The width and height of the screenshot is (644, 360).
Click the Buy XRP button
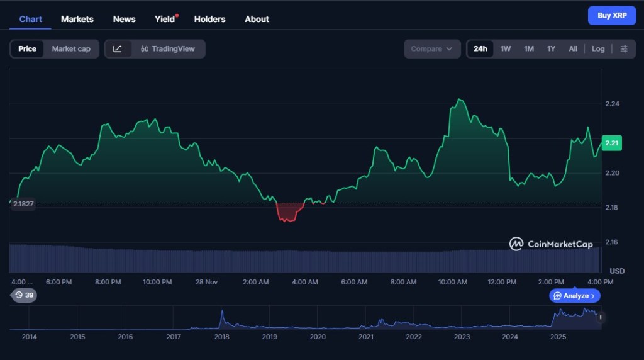[x=611, y=15]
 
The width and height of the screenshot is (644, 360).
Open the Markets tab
[x=77, y=19]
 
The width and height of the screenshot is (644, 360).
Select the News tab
[x=124, y=19]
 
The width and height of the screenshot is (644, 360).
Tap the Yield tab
[x=165, y=19]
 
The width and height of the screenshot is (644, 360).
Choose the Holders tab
[x=209, y=19]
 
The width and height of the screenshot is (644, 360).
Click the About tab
[x=257, y=19]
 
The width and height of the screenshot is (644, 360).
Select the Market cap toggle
[x=71, y=49]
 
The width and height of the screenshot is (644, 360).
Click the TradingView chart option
[x=168, y=49]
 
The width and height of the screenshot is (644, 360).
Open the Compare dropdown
[x=431, y=49]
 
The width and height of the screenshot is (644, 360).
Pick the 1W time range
[x=506, y=49]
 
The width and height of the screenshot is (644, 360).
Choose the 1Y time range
[x=551, y=49]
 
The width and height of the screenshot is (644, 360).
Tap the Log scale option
[x=598, y=49]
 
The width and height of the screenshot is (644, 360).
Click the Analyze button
[x=575, y=296]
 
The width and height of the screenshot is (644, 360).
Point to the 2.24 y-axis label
[x=611, y=104]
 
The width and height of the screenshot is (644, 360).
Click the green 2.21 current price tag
[x=611, y=143]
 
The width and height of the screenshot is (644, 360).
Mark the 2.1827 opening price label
[x=23, y=204]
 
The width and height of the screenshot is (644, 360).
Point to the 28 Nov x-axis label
[x=207, y=282]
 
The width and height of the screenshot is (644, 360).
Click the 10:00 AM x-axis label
[x=453, y=282]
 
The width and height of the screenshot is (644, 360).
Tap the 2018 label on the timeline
[x=221, y=337]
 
